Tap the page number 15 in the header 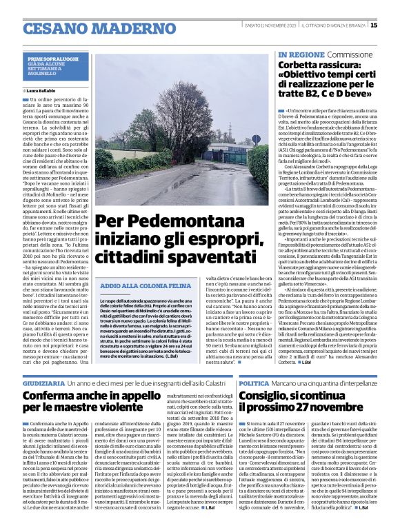click(x=392, y=25)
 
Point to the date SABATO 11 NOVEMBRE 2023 click(x=269, y=26)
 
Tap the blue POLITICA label click(x=254, y=381)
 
